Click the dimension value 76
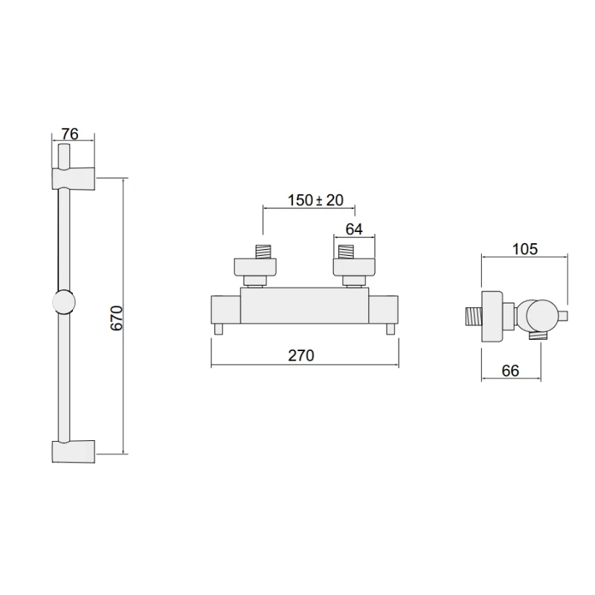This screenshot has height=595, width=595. click(x=70, y=134)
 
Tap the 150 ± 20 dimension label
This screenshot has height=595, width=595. click(x=315, y=200)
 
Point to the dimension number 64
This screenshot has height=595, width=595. click(x=354, y=230)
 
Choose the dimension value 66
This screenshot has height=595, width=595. click(x=509, y=371)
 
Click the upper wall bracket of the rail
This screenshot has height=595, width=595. click(x=74, y=178)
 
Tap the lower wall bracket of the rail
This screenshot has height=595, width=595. click(x=74, y=451)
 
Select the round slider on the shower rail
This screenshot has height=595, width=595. click(x=64, y=303)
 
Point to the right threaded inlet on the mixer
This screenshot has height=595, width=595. click(x=347, y=251)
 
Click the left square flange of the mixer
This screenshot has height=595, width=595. click(x=257, y=266)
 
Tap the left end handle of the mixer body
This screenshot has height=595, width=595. click(x=226, y=310)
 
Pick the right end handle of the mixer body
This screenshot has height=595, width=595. click(x=384, y=310)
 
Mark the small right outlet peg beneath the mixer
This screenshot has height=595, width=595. click(x=390, y=329)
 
